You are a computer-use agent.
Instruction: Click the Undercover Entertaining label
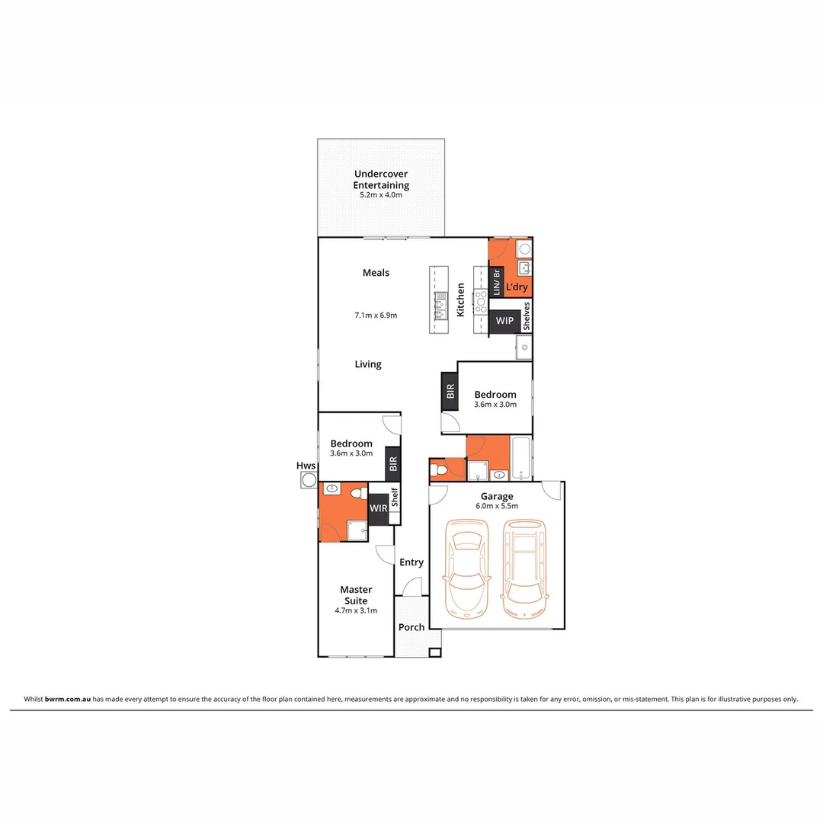point(381,179)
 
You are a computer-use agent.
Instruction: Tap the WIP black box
point(504,321)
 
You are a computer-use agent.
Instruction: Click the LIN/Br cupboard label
point(497,283)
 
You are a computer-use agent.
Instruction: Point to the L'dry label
point(517,289)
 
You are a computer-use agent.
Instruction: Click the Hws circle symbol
point(309,479)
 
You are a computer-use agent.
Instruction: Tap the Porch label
point(411,627)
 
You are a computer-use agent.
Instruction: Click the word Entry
point(411,562)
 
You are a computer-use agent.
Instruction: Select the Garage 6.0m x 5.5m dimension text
point(497,506)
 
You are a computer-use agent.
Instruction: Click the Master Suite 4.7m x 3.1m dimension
point(356,610)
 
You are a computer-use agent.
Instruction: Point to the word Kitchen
point(460,299)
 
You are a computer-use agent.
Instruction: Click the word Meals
point(376,273)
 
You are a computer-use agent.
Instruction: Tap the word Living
point(368,364)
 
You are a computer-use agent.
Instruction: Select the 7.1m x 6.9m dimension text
point(376,315)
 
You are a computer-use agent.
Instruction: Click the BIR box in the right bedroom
point(450,392)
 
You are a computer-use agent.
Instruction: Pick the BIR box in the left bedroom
point(393,463)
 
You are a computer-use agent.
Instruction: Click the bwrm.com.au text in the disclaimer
point(68,699)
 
